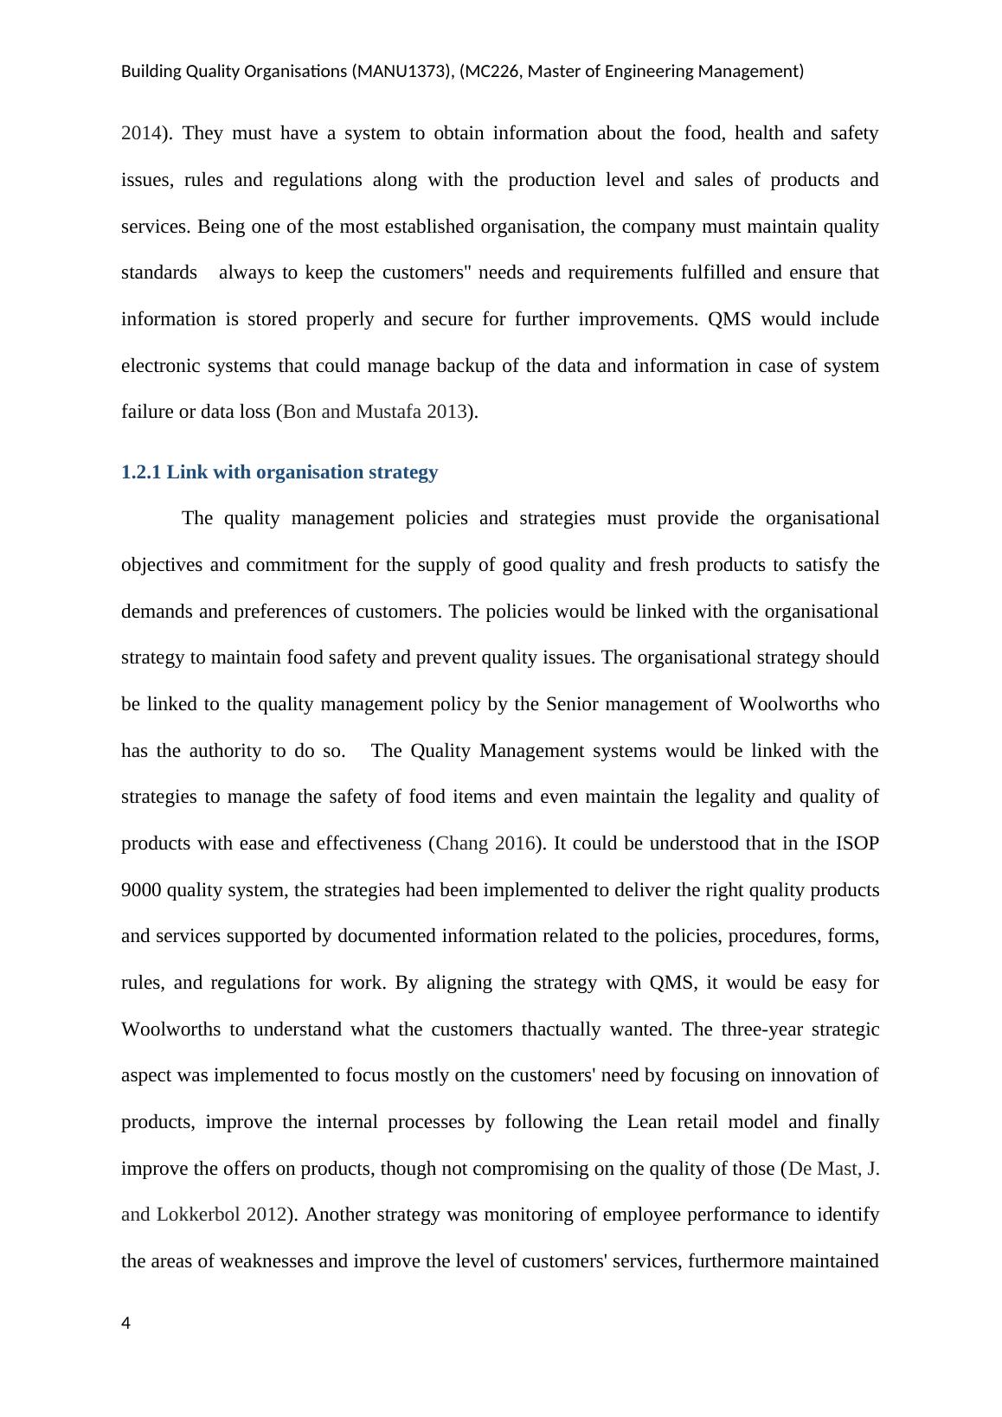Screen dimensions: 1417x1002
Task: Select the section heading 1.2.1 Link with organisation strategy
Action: (279, 472)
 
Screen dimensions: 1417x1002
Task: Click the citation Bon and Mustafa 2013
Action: (375, 412)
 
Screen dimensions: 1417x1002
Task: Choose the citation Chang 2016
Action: (485, 843)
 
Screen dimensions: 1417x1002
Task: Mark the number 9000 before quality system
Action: (141, 890)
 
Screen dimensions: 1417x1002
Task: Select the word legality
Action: (716, 797)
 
